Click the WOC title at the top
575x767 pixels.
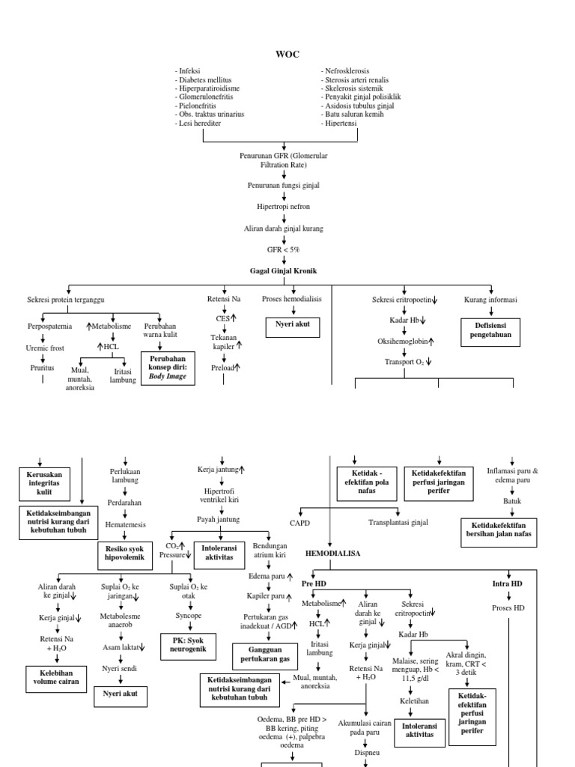(x=288, y=55)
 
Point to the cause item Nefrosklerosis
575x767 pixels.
(x=352, y=70)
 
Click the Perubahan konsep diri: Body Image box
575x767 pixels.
(x=168, y=369)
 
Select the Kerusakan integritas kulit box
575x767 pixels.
(x=43, y=483)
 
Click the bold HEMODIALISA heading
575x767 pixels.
(x=333, y=553)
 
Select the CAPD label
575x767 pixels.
(x=299, y=522)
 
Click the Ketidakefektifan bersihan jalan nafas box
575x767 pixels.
(x=498, y=533)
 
